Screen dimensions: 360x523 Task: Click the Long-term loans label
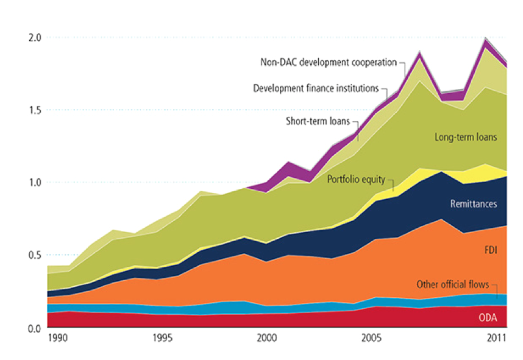[x=466, y=137]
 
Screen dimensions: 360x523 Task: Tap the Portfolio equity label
[x=357, y=180]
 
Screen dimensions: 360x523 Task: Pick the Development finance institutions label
[x=316, y=89]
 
